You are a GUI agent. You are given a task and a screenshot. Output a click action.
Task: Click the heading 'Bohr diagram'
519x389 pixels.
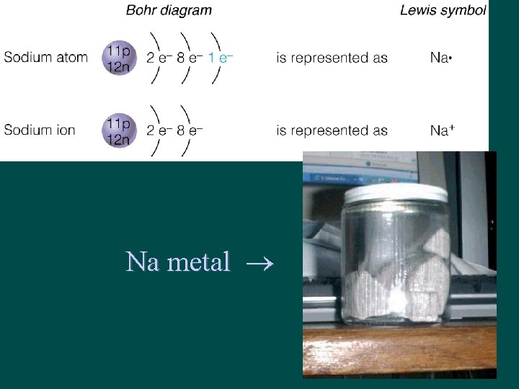169,10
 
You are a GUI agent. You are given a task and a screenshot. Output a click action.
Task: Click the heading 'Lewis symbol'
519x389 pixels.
443,10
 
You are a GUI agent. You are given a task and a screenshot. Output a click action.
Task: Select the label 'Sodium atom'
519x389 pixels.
46,58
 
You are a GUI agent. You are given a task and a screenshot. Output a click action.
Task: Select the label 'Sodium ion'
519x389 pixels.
40,130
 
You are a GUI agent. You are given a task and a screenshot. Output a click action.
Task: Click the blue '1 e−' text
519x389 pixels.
221,58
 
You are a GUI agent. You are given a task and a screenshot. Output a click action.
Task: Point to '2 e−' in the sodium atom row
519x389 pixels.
159,58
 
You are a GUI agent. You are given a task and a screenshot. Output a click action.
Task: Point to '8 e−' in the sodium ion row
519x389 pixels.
190,130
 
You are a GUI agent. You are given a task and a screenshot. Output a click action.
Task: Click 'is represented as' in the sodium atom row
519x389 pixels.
332,58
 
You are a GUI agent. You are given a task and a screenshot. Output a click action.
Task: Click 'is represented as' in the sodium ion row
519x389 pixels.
332,130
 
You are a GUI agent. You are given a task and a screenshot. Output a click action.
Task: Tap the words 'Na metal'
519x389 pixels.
177,261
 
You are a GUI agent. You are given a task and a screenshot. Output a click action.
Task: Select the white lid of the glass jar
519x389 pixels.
395,192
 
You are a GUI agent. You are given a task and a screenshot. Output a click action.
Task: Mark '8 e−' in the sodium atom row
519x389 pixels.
190,58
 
